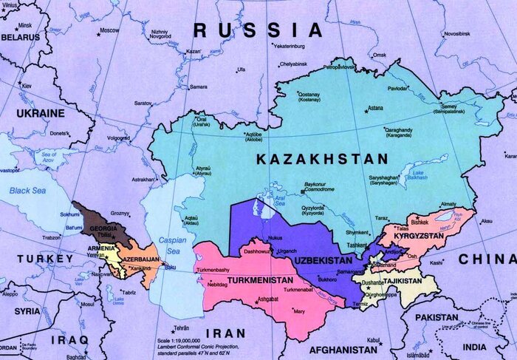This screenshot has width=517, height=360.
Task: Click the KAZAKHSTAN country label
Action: click(x=322, y=160)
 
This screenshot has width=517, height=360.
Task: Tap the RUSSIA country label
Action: click(x=258, y=30)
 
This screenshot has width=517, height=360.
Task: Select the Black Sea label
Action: click(x=27, y=190)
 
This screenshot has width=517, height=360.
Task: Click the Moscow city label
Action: click(x=109, y=30)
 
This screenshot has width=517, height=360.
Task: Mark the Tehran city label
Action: click(x=177, y=327)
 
